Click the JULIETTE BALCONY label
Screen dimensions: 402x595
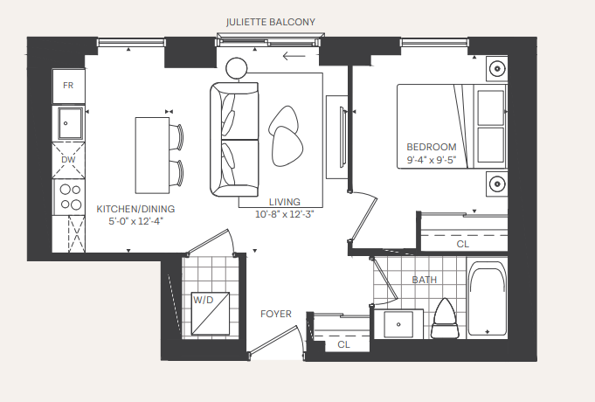pos(270,22)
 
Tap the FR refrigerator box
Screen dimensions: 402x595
pos(68,86)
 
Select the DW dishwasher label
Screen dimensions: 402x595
pos(68,160)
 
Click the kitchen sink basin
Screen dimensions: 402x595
pos(69,123)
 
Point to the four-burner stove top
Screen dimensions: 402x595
pos(69,197)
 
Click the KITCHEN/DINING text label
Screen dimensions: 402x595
pos(135,209)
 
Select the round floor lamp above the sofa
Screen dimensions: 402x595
pos(236,67)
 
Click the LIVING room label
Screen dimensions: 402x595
pos(285,202)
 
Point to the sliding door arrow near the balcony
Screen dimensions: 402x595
pos(294,59)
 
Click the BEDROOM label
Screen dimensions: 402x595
pos(432,147)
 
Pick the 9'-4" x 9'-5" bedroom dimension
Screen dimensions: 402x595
pos(432,160)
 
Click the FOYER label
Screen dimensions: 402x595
pos(276,314)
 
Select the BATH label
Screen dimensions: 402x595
pos(425,280)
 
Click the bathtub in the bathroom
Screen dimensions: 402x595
pos(487,300)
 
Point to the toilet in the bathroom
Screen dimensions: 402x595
pos(446,316)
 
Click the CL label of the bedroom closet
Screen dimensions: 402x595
pos(463,244)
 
